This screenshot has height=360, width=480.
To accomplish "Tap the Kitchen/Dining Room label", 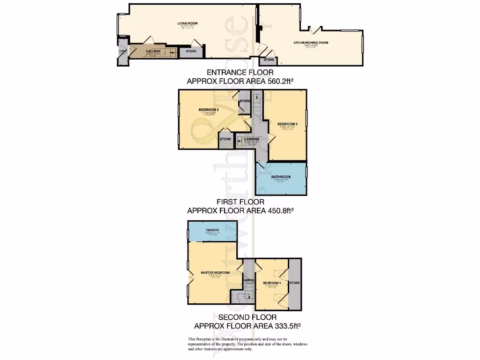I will [x=311, y=43].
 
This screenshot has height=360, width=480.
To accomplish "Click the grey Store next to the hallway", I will [x=191, y=51].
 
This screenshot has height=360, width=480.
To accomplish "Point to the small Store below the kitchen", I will [x=269, y=60].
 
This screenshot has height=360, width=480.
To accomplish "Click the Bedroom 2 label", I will [x=209, y=110].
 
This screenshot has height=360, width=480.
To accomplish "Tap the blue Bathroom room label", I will [x=281, y=177].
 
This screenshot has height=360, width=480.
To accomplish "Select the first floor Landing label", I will [x=252, y=139].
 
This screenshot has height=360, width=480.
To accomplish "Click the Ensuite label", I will [x=212, y=230].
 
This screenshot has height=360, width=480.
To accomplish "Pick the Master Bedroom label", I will [x=215, y=272].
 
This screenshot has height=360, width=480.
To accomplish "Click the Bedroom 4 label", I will [x=271, y=283].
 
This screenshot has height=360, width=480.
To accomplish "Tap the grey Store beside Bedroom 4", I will [x=294, y=283].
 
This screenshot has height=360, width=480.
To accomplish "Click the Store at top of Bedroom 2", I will [x=245, y=101].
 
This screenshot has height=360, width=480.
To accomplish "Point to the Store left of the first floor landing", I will [x=226, y=139].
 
